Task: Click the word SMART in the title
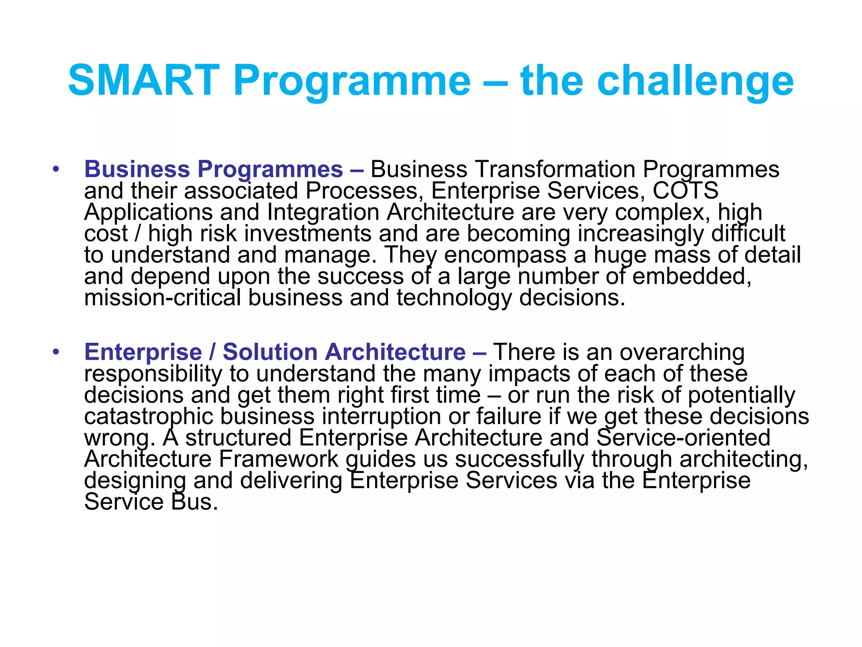(x=144, y=80)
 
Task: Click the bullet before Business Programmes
(x=56, y=170)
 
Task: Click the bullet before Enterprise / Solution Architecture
(x=56, y=353)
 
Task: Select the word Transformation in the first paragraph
(x=555, y=170)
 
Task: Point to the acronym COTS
(x=685, y=191)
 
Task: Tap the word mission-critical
(x=162, y=298)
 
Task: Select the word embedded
(x=692, y=277)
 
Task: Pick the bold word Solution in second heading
(x=270, y=352)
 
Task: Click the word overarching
(x=682, y=353)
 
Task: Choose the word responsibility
(x=153, y=374)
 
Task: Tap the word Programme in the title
(x=352, y=80)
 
